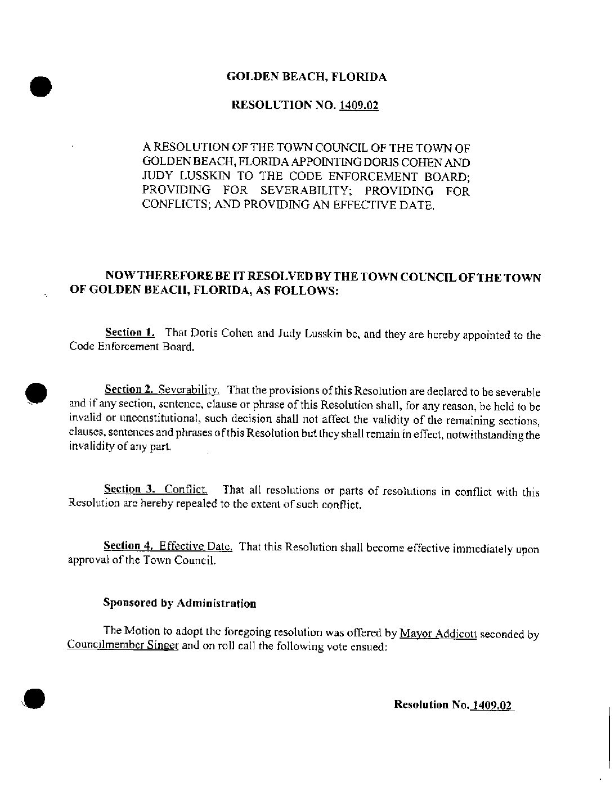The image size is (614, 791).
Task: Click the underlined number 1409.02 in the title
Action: click(x=358, y=105)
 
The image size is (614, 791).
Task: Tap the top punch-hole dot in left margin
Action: click(x=40, y=87)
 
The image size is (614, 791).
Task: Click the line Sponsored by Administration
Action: click(x=180, y=603)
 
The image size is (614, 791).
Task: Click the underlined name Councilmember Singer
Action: click(x=123, y=645)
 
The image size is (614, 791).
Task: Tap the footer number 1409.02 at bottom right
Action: click(x=492, y=704)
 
